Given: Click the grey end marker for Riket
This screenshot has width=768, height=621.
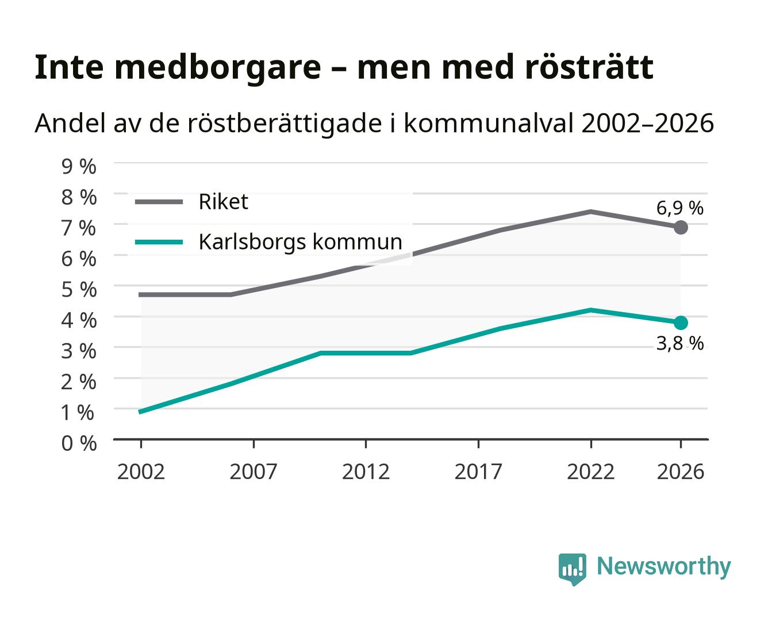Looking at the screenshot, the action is [681, 228].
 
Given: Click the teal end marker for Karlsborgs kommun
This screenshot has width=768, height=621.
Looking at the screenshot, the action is [681, 323].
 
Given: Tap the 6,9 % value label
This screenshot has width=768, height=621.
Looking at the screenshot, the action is [679, 208].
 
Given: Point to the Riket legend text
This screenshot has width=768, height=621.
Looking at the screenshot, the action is [223, 201].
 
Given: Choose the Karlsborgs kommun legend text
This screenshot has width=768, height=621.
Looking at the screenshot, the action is [300, 241].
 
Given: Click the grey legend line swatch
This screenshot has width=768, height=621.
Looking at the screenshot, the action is [159, 202].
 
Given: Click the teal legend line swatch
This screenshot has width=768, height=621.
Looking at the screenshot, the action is [159, 242].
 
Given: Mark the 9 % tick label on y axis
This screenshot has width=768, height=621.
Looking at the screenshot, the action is [79, 167].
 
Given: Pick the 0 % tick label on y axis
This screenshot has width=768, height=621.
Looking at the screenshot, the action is [79, 443].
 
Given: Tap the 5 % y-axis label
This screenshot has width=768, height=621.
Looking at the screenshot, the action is [79, 290].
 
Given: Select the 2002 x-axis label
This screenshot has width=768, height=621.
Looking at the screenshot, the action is [141, 471].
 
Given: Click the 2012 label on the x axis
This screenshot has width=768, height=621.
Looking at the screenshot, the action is [366, 471].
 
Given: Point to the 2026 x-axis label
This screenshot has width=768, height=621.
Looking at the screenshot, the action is [681, 471].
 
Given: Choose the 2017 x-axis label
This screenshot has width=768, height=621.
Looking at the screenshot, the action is [478, 471].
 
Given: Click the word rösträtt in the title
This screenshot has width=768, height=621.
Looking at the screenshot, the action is [589, 67].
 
